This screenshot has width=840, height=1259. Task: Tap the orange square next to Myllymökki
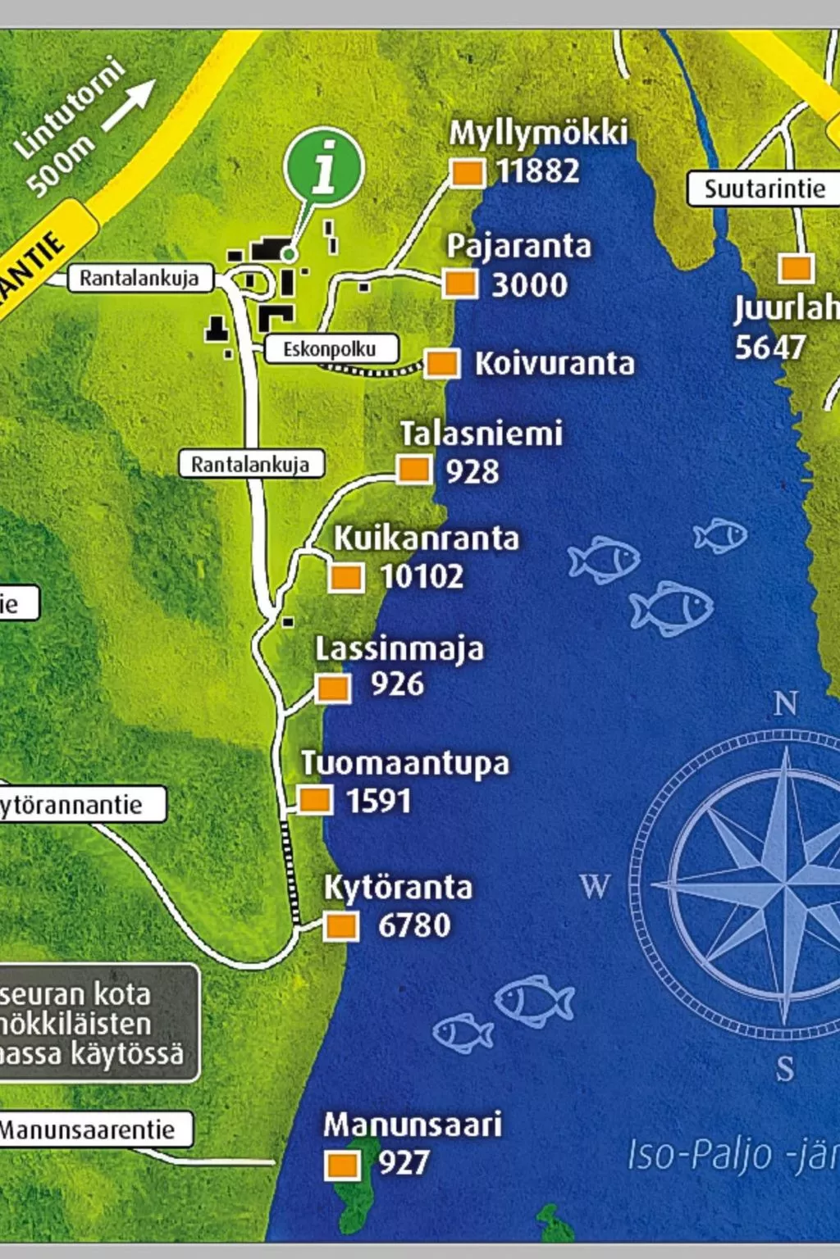coord(467,173)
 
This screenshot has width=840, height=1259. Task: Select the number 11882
coord(538,171)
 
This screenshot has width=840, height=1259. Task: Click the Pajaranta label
coord(518,246)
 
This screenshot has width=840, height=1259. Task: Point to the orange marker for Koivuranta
coord(442,363)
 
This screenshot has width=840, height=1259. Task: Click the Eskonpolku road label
coord(330,349)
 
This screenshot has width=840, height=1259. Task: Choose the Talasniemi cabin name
coord(481,434)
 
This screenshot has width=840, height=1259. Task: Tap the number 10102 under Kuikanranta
coord(422,576)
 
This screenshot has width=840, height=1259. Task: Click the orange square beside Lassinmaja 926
coord(333,688)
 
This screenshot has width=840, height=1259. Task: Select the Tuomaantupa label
coord(404,763)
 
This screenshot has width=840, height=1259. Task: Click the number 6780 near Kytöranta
coord(414,925)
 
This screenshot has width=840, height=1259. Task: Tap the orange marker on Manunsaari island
coord(342,1164)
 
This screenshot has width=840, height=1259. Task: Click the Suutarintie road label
coord(764,189)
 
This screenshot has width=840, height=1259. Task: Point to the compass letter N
coord(785,703)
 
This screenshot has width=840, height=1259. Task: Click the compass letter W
coord(595,886)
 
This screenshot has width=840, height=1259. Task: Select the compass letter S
coord(785,1069)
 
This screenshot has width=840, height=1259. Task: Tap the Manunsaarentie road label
coord(88,1129)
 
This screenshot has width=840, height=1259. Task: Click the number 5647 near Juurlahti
coord(769,348)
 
